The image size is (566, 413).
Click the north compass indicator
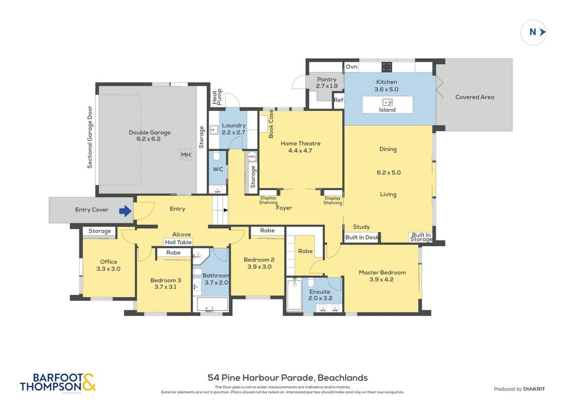(533, 33)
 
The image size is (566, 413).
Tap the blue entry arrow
(125, 211)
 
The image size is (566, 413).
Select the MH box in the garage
(186, 155)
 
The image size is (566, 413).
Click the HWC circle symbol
(252, 156)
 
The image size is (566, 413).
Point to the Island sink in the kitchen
(387, 102)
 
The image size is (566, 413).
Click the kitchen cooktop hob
(387, 67)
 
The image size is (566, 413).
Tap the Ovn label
(351, 67)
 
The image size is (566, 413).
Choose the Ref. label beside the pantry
(339, 100)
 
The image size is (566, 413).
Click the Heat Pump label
(217, 97)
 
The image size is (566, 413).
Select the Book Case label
(271, 124)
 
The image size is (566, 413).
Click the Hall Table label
(179, 242)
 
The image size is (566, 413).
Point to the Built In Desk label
(362, 237)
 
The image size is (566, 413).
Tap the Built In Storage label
(421, 237)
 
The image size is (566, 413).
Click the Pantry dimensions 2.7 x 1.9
(327, 86)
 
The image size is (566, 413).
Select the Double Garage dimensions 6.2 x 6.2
(149, 139)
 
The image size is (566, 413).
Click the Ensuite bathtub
(295, 294)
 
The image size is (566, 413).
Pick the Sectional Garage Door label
(90, 137)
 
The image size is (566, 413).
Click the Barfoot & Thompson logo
(58, 383)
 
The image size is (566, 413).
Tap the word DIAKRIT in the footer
(534, 389)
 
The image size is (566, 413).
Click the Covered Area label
(475, 97)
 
